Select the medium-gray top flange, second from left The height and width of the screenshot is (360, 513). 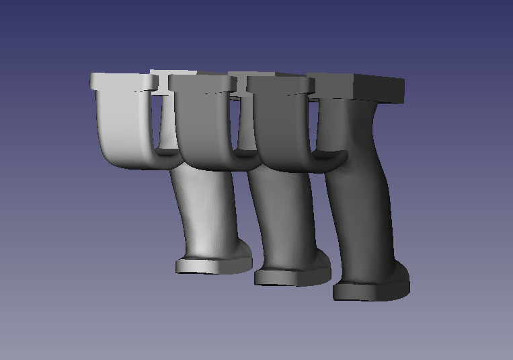pos(202,82)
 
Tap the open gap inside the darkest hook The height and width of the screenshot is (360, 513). pos(317,128)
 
